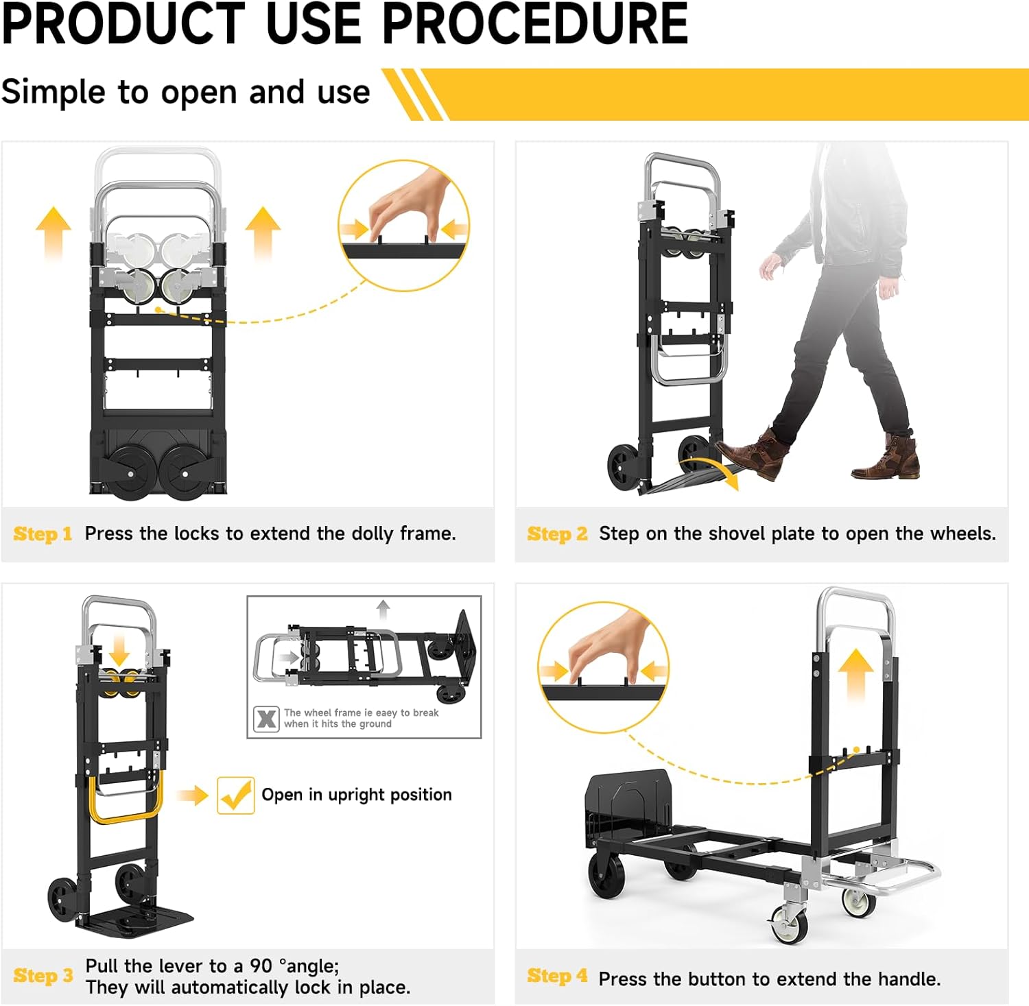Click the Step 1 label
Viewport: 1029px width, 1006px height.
pos(43,534)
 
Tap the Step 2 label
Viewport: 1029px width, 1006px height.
pos(557,534)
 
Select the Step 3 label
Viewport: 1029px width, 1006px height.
pos(43,976)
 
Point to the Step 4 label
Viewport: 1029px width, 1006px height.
pos(557,976)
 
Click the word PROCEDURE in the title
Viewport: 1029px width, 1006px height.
pos(534,24)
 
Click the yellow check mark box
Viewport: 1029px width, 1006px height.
pos(235,795)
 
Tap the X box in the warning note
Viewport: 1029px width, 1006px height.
pos(266,719)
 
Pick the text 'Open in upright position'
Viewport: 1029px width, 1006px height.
pos(357,795)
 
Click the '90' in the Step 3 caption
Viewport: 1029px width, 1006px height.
pos(261,966)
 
